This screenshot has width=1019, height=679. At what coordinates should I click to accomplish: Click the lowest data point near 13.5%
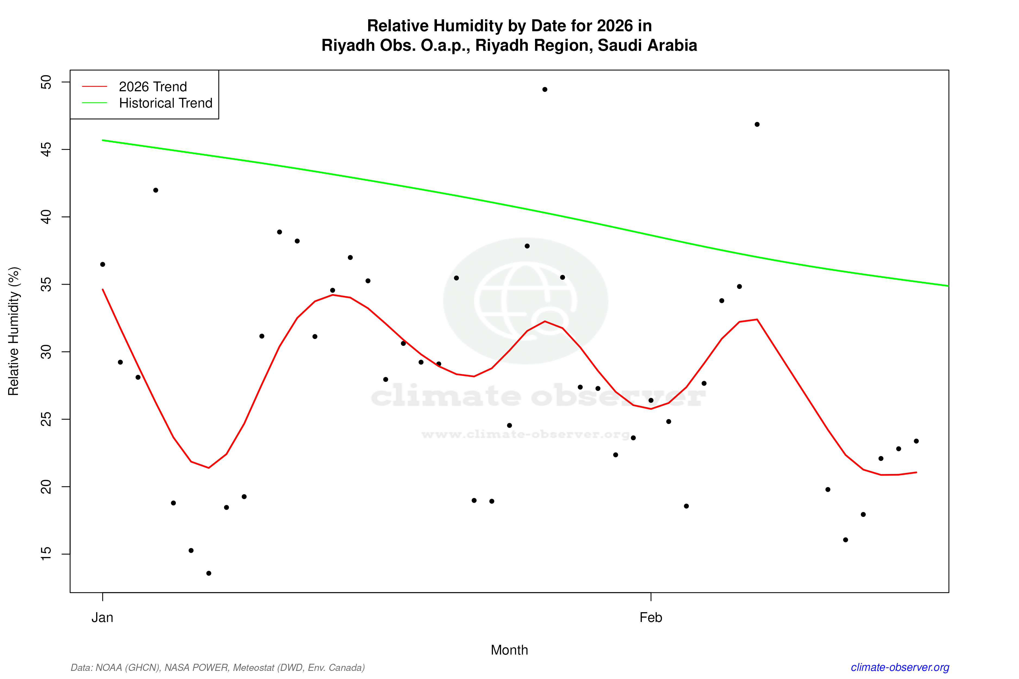(209, 573)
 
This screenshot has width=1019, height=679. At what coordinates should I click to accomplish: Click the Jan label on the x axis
(102, 618)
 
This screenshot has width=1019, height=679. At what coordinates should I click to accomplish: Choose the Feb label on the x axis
(651, 618)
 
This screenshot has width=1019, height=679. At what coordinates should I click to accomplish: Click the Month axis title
(509, 650)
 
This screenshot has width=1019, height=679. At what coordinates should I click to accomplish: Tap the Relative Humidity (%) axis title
(14, 331)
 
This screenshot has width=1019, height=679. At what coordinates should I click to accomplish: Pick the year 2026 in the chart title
(614, 26)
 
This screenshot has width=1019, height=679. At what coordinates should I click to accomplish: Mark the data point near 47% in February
(757, 125)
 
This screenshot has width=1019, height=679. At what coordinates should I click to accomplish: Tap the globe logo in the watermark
(526, 301)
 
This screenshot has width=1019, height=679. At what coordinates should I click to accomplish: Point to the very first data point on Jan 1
(103, 265)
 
